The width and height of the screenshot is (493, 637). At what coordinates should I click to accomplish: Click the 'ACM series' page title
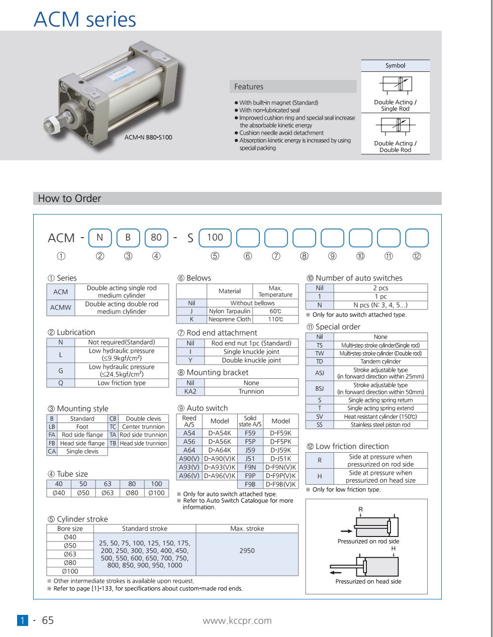tap(84, 19)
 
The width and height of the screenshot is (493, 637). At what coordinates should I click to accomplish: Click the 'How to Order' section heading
tap(69, 198)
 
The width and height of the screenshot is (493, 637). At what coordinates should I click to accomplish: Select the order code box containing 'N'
tap(100, 238)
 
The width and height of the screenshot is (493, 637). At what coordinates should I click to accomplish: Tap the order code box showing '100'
tap(215, 238)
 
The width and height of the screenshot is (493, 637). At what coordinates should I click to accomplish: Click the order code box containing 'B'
tap(128, 238)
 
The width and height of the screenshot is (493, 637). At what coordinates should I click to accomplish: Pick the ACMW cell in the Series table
tap(60, 308)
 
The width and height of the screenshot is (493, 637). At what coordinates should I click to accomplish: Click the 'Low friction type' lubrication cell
tap(122, 383)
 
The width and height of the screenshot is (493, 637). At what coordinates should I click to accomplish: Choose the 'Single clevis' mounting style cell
tap(82, 451)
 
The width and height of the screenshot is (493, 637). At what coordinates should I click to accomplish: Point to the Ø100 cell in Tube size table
tap(156, 493)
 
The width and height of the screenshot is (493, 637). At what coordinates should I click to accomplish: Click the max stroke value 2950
tap(247, 551)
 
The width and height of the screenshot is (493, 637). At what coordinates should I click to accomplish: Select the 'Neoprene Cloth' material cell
tap(229, 319)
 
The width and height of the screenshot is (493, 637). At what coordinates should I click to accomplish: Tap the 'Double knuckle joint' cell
tap(251, 360)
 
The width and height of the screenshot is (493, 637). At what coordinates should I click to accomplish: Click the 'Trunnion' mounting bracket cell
tap(251, 391)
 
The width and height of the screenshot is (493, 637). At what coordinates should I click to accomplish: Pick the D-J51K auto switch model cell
tap(280, 458)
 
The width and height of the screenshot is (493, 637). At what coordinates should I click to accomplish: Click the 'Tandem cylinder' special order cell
tap(380, 361)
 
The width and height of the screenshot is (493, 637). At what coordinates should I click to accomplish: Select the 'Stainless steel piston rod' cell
tap(380, 424)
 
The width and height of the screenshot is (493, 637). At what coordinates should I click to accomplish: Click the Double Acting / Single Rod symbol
tap(396, 84)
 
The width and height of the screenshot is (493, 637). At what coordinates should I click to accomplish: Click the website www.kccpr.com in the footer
tap(237, 620)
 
